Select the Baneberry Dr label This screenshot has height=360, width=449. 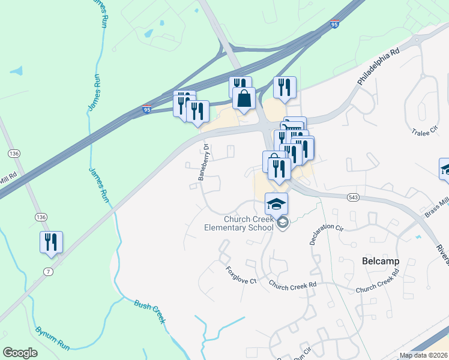pos(204,162)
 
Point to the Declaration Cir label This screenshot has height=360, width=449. pos(325,230)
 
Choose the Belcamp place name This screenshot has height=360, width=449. pos(381,261)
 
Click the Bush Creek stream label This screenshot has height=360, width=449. pos(150,311)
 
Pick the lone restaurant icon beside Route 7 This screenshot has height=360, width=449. pos(51,242)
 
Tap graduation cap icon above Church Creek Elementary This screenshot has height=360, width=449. pos(276,204)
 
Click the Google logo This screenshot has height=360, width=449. pos(20,353)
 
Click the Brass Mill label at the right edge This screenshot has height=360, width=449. pos(436,210)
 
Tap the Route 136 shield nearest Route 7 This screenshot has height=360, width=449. pos(41,217)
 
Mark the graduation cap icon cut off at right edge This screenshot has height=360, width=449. pos(445,169)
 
